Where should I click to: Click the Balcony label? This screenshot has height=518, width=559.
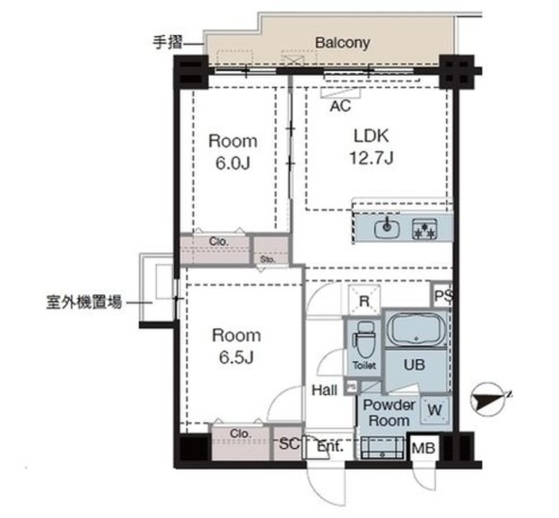click(x=342, y=42)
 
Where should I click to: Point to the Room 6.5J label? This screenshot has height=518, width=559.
click(x=235, y=345)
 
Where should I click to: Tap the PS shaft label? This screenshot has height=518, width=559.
click(x=443, y=296)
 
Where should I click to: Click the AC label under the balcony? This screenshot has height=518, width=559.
click(x=341, y=106)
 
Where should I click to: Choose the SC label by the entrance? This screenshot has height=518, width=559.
click(x=288, y=445)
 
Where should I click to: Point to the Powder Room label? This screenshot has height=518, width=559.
click(x=389, y=412)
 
